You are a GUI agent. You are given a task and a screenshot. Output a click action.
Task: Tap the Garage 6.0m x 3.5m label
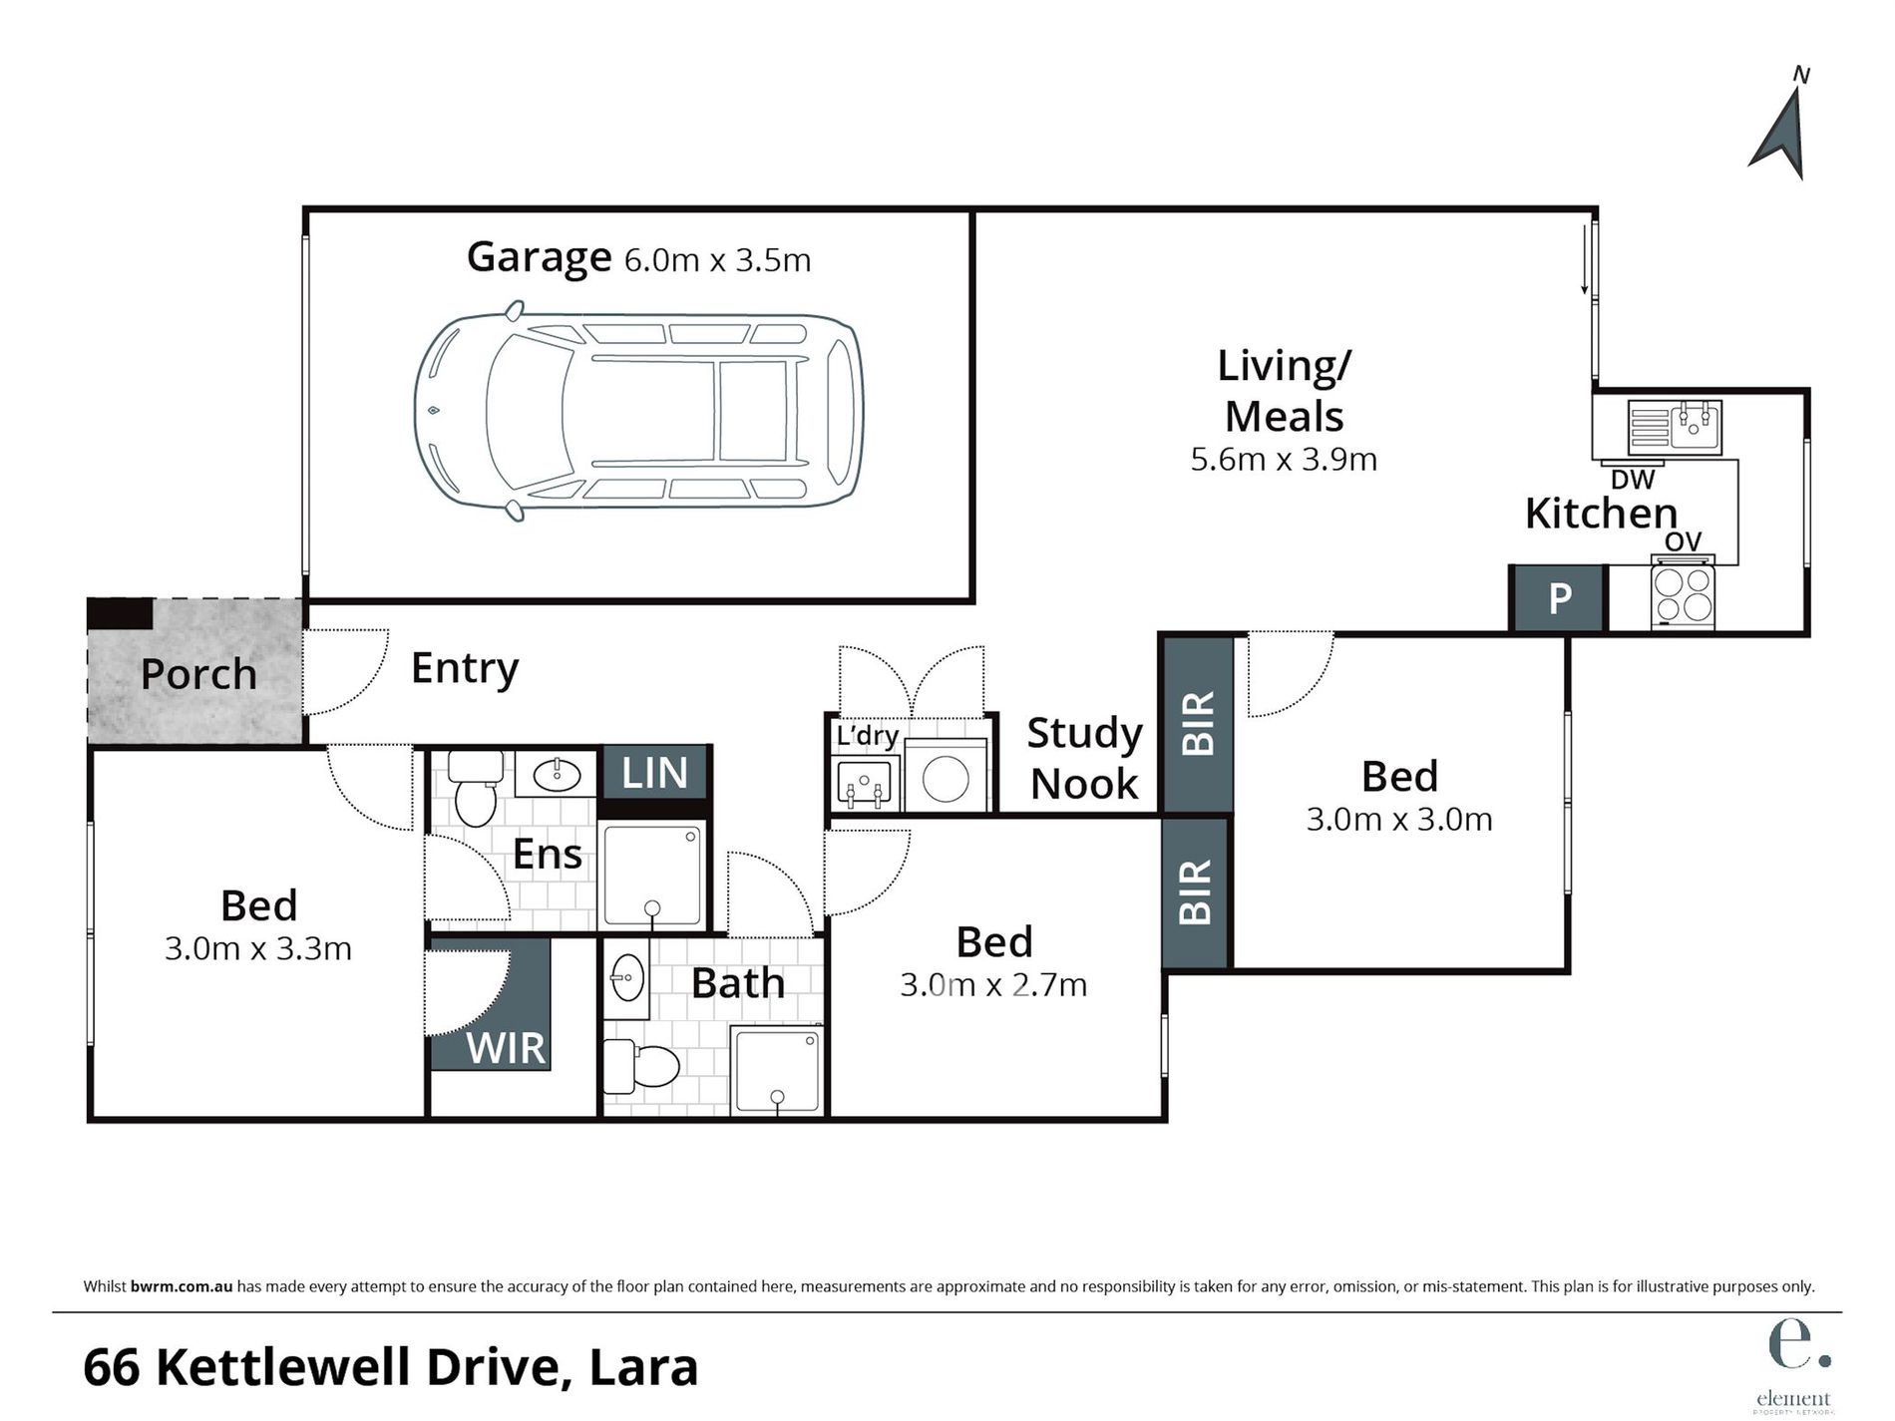pyautogui.click(x=638, y=258)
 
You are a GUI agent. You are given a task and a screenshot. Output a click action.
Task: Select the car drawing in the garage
pyautogui.click(x=638, y=411)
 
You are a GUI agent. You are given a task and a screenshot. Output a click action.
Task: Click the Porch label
pyautogui.click(x=198, y=674)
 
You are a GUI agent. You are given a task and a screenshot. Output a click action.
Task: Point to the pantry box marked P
pyautogui.click(x=1559, y=598)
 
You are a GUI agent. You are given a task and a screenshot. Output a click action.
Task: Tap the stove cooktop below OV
pyautogui.click(x=1683, y=595)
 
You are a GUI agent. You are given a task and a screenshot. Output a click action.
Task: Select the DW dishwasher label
pyautogui.click(x=1633, y=480)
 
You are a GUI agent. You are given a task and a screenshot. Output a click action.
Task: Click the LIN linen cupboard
pyautogui.click(x=654, y=773)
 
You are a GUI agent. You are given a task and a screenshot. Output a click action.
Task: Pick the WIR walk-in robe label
pyautogui.click(x=506, y=1048)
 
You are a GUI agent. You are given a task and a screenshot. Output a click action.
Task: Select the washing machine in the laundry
pyautogui.click(x=946, y=778)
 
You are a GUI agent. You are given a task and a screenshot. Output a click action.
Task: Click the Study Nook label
pyautogui.click(x=1084, y=758)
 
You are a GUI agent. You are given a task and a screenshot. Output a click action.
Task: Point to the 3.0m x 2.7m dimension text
pyautogui.click(x=993, y=985)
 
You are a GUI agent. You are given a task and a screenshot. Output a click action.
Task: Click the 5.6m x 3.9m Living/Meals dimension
pyautogui.click(x=1284, y=460)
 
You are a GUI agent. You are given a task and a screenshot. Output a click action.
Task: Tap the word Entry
pyautogui.click(x=465, y=668)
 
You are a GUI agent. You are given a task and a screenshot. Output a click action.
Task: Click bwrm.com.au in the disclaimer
pyautogui.click(x=182, y=1286)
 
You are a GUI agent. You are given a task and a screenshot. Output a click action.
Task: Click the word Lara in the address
pyautogui.click(x=643, y=1367)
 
